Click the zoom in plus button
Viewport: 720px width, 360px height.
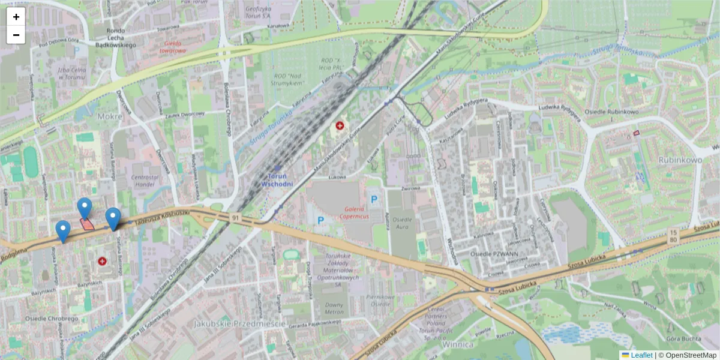pos(16,17)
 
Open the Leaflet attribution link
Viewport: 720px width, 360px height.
pos(641,355)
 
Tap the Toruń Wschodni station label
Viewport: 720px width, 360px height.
pos(277,179)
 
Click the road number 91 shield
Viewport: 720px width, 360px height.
pos(236,217)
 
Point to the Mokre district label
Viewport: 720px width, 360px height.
pos(110,116)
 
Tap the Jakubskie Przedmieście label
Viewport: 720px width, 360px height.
pos(239,323)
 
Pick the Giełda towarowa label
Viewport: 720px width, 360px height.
pos(172,47)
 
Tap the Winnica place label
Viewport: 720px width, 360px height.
pos(458,344)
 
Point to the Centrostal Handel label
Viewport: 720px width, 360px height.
pos(148,181)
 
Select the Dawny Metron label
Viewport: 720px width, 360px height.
pos(334,308)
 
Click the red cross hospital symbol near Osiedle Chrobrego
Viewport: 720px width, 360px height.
pos(102,262)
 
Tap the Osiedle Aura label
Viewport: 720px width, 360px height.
pos(402,223)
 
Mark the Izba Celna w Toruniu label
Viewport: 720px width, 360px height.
pos(70,73)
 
